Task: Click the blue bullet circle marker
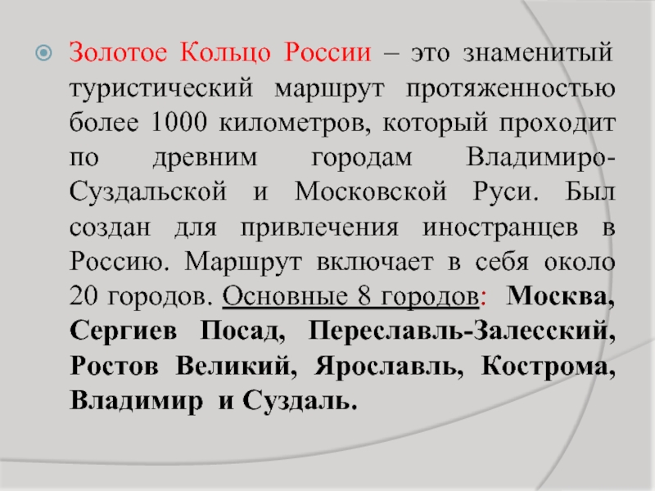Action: point(44,53)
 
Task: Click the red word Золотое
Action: point(118,52)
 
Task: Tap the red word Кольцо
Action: point(226,53)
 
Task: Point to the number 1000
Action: point(178,123)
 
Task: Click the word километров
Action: point(295,124)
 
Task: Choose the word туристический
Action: point(161,89)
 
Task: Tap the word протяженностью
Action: point(510,89)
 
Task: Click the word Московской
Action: point(371,191)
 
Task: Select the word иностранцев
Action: point(500,228)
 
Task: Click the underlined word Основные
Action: point(285,296)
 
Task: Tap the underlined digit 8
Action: point(364,296)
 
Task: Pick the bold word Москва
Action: point(560,296)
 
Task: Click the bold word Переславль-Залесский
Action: point(462,331)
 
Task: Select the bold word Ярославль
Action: point(388,367)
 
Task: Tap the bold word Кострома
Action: point(548,367)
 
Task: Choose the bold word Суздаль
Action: point(300,400)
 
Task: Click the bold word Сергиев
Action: point(124,331)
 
